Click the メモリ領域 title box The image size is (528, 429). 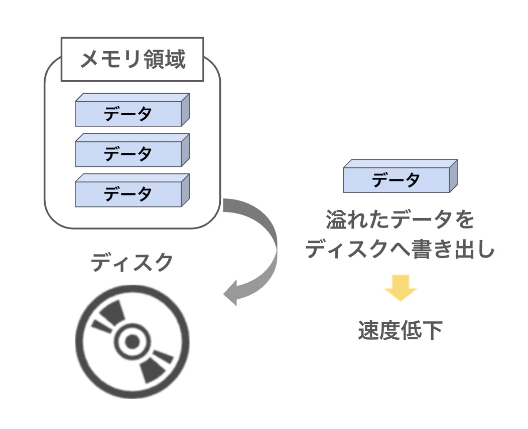133,59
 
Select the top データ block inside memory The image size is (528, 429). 128,114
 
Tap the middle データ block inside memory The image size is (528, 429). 128,154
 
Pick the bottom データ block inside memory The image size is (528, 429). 128,194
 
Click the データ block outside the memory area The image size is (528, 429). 396,180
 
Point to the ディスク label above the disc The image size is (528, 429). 132,262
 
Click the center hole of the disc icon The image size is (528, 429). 132,342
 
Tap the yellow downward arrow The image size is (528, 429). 401,288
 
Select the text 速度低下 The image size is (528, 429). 401,330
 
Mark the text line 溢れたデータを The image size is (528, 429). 401,221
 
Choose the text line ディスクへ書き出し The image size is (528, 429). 401,249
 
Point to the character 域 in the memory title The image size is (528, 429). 176,59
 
